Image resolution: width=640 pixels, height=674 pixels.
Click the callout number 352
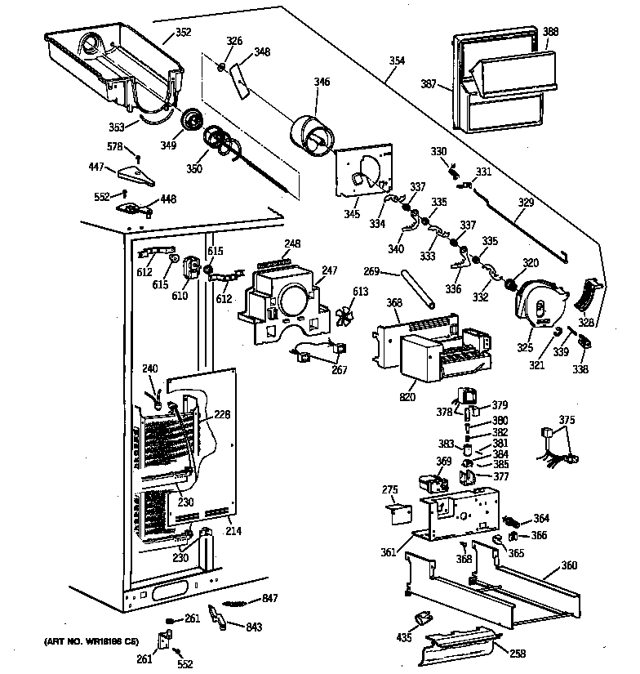coord(183,33)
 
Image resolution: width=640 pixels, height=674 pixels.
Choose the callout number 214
coord(233,530)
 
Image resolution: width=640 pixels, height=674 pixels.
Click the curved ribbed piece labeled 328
coord(589,295)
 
